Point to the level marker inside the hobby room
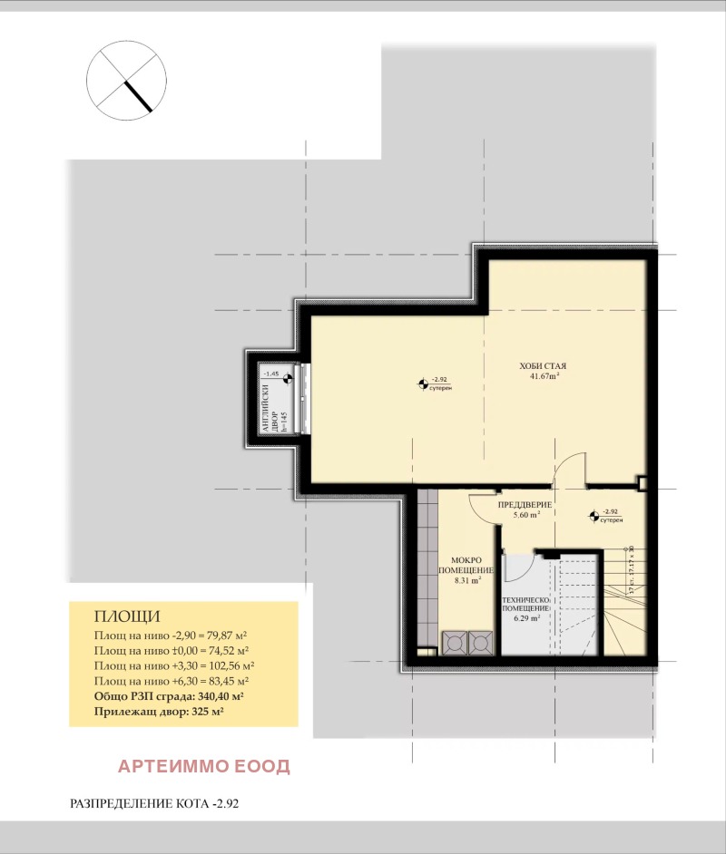(x=423, y=384)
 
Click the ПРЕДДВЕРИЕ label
(x=524, y=503)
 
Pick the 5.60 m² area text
(x=526, y=514)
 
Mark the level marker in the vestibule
(x=594, y=516)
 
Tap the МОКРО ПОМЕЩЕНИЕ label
(x=466, y=566)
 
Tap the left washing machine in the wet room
(x=453, y=642)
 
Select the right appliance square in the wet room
(x=480, y=642)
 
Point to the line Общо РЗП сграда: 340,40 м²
(x=169, y=696)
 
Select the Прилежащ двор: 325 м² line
(x=159, y=712)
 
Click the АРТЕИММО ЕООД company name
(x=204, y=766)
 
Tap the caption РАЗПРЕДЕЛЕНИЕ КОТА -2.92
(x=153, y=803)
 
